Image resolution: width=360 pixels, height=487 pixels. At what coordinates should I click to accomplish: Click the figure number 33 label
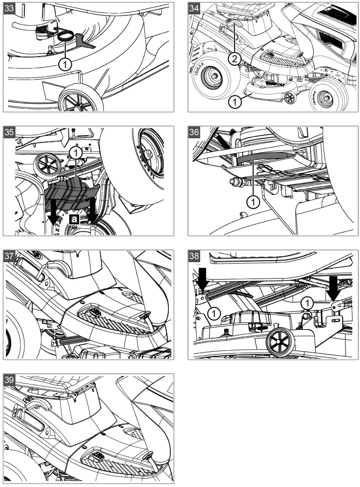click(x=9, y=8)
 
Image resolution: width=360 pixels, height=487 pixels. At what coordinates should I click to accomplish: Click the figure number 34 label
click(x=194, y=8)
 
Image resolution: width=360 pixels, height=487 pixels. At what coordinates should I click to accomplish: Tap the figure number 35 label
click(x=9, y=132)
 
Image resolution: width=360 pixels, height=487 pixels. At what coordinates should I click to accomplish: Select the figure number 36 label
click(x=194, y=132)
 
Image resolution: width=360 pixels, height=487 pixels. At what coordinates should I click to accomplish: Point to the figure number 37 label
click(x=9, y=256)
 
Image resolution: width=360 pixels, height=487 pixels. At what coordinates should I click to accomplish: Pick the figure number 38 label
click(x=194, y=256)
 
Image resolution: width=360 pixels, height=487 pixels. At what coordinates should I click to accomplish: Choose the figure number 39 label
click(x=9, y=380)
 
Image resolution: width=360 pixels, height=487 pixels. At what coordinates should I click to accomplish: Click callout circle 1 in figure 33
click(x=65, y=65)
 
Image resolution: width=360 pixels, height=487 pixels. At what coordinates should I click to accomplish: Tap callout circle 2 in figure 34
click(x=235, y=58)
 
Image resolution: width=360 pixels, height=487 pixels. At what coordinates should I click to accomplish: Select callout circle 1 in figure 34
click(x=235, y=102)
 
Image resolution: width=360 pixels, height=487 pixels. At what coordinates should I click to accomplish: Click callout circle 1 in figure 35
click(x=76, y=153)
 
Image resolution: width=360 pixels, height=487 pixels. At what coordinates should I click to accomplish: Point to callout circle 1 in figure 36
click(x=253, y=202)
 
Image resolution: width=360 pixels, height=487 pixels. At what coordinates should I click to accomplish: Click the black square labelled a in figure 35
click(x=74, y=219)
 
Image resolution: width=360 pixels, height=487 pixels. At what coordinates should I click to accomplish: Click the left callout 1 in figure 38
click(x=214, y=313)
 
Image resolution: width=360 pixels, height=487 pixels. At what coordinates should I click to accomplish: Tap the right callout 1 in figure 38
click(x=307, y=302)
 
